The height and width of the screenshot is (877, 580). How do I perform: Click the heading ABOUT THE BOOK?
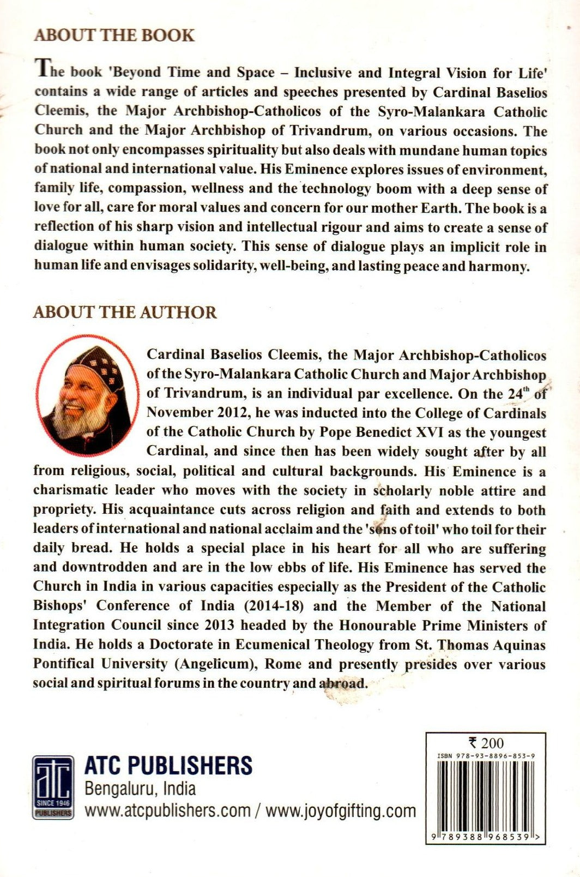coord(114,35)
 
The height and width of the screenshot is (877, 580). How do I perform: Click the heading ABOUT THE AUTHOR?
coord(125,312)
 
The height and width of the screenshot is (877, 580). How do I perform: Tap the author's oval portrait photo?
coord(88,394)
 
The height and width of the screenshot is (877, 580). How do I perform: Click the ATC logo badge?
coord(53,787)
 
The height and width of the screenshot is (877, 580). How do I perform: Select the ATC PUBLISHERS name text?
coord(168,766)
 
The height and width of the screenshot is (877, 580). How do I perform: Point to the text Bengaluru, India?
coord(140,789)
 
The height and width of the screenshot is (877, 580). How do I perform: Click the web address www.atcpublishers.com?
coord(167,811)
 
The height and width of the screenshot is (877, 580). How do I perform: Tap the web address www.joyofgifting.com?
coord(341,811)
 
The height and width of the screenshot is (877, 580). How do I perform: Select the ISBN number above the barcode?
coord(486,756)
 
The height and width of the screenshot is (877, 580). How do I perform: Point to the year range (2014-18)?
coord(273,606)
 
